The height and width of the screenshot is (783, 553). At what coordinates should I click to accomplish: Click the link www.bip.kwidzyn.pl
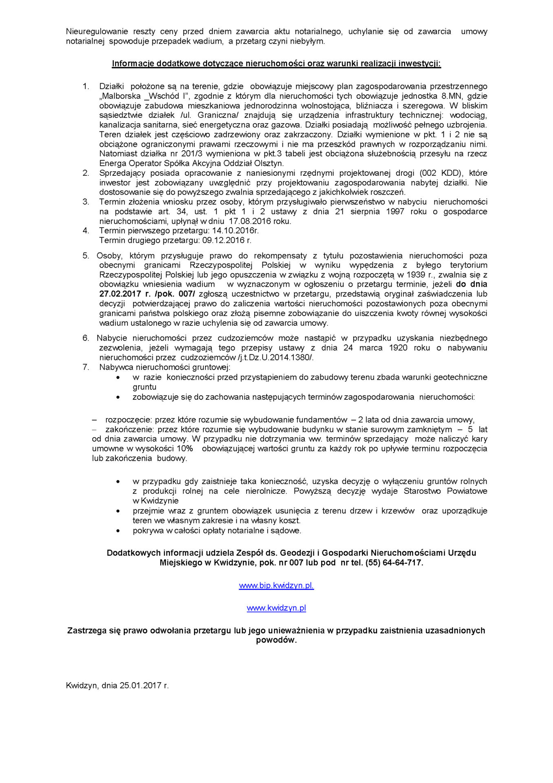pyautogui.click(x=276, y=586)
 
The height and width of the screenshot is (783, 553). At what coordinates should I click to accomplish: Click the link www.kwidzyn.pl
pyautogui.click(x=276, y=608)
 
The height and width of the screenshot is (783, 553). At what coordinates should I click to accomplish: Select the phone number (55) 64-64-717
pyautogui.click(x=394, y=563)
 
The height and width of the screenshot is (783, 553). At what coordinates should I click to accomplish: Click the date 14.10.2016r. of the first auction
pyautogui.click(x=235, y=231)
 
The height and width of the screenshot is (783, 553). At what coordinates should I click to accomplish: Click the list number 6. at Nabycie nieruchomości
pyautogui.click(x=86, y=338)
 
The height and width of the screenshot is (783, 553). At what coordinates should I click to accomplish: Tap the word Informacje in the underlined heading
pyautogui.click(x=133, y=64)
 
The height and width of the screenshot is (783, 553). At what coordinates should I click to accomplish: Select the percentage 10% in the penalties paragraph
pyautogui.click(x=185, y=449)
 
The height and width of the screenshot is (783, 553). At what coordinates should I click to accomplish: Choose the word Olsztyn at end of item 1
pyautogui.click(x=269, y=164)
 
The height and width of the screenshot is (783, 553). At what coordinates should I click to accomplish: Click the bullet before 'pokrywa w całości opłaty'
pyautogui.click(x=118, y=531)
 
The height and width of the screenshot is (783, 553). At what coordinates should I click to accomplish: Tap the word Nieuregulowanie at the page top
pyautogui.click(x=97, y=31)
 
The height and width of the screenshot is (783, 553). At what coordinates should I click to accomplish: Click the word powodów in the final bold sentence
pyautogui.click(x=276, y=640)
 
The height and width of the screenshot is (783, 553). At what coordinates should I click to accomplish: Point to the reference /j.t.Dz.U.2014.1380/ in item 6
pyautogui.click(x=275, y=358)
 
